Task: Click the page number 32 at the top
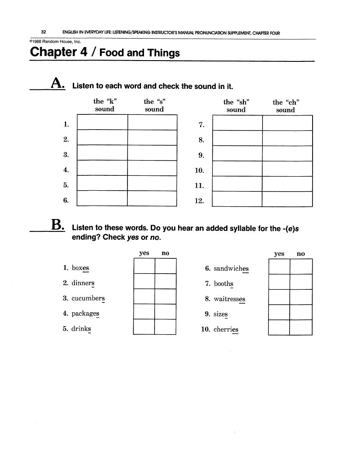point(44,33)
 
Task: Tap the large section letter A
point(58,83)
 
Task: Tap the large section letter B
point(58,225)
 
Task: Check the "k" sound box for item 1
point(102,122)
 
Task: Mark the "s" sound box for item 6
point(152,199)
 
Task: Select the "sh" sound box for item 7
point(237,123)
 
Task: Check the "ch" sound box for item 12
point(287,199)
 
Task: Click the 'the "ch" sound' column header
point(285,106)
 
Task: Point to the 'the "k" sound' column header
point(105,105)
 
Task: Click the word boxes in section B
point(80,268)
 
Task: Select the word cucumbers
point(88,298)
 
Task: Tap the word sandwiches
point(231,269)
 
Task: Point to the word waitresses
point(229,299)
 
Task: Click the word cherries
point(226,330)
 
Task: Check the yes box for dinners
point(144,281)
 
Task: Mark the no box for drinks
point(165,327)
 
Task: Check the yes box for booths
point(279,282)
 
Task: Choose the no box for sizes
point(301,312)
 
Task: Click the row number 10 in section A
point(199,170)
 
